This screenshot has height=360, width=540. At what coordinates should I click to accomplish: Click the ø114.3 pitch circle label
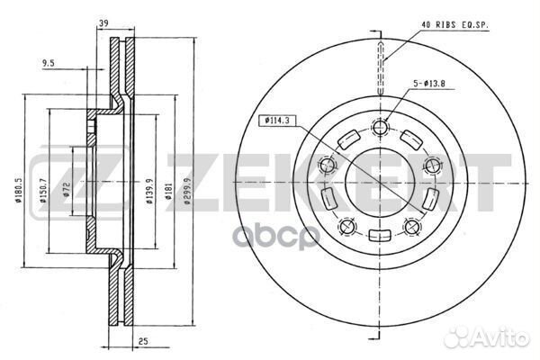click(x=279, y=119)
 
